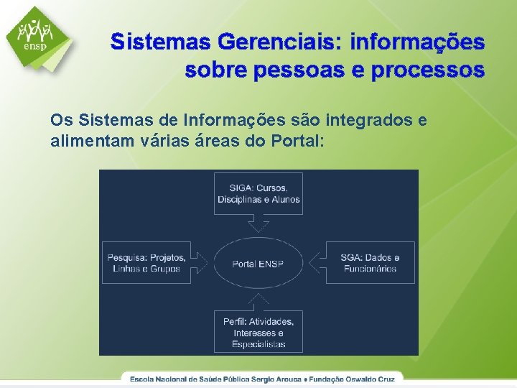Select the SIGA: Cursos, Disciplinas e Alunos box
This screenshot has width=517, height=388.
point(258,193)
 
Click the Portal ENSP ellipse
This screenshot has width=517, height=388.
point(258,264)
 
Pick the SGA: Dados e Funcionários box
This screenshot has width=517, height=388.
point(370,263)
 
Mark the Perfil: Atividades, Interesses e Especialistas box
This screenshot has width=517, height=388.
point(258,332)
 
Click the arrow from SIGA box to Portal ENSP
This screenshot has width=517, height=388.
point(258,224)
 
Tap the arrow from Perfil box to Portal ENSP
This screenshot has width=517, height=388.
point(258,302)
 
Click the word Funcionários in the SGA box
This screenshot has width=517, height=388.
point(370,269)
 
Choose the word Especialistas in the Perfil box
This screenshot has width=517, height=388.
point(258,344)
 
